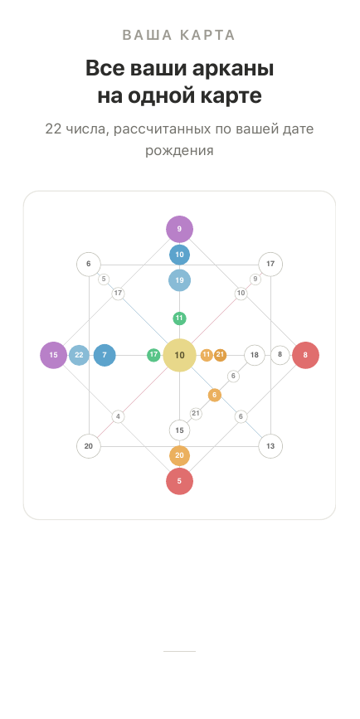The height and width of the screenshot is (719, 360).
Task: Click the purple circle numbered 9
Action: (x=179, y=229)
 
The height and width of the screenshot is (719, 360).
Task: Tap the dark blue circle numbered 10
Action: (x=179, y=255)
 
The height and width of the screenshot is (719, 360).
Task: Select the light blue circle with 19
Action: (x=179, y=280)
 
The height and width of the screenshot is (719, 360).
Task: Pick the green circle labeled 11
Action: (x=179, y=318)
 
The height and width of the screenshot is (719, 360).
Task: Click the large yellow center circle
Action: (x=179, y=355)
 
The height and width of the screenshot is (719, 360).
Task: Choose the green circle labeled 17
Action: (x=153, y=354)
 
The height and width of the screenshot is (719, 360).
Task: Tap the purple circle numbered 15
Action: (x=53, y=355)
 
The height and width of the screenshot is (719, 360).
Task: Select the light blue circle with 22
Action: (x=79, y=355)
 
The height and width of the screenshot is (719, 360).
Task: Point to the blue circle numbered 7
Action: (x=105, y=355)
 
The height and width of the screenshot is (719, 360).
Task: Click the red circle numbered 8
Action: (x=305, y=355)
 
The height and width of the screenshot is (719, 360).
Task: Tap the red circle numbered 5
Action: (x=179, y=482)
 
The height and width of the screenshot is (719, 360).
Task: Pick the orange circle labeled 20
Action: (x=179, y=455)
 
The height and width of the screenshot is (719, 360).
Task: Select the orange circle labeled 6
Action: (x=214, y=395)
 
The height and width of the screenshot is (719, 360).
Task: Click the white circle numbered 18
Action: (x=254, y=355)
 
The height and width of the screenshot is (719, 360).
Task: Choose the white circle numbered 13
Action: (x=270, y=446)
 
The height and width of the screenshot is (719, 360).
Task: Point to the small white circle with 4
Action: (x=118, y=417)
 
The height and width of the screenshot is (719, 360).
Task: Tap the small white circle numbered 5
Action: (x=104, y=279)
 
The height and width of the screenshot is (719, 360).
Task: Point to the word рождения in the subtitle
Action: (x=179, y=150)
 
